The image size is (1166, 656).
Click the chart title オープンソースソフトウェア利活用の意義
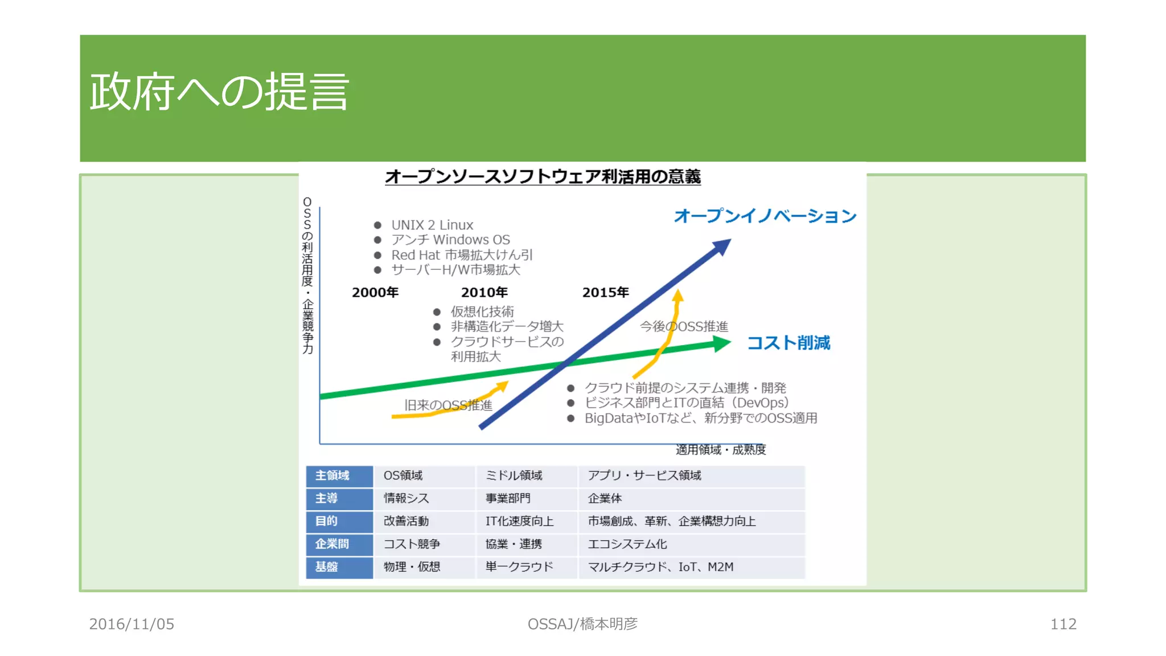[543, 177]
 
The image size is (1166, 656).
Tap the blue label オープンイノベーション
[765, 216]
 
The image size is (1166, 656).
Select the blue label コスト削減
[788, 343]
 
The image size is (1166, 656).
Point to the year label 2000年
[375, 293]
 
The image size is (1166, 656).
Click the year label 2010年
[485, 293]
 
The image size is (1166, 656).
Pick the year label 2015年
[605, 293]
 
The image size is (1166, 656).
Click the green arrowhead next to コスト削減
[722, 343]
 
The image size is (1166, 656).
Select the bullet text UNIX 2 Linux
[432, 225]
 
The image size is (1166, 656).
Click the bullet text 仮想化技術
[482, 311]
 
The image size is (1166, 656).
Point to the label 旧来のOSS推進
[448, 405]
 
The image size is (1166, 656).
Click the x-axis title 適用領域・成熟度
[721, 450]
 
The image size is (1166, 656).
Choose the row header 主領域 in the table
[332, 475]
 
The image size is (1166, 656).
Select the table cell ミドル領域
[514, 475]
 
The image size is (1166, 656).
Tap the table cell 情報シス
[406, 498]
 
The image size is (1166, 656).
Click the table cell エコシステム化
[627, 544]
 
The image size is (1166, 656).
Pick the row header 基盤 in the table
[327, 567]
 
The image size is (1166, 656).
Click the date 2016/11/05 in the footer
[132, 624]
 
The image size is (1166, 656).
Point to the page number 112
[1063, 624]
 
